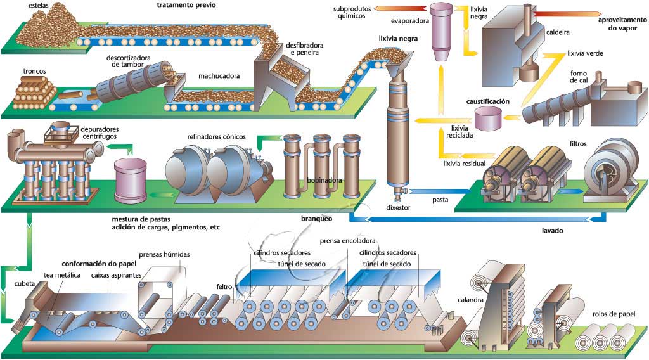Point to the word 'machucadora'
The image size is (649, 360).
(219, 77)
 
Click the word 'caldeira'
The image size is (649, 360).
(557, 31)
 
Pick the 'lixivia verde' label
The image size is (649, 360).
(585, 53)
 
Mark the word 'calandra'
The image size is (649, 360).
(471, 300)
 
